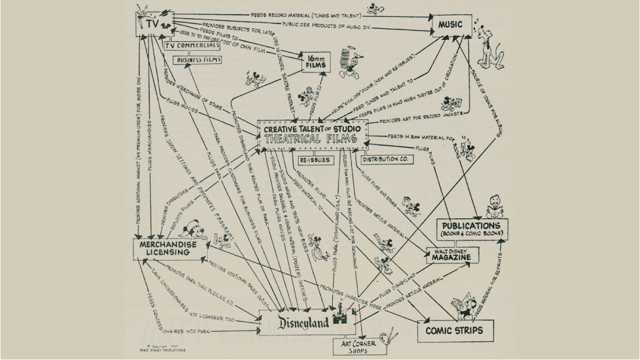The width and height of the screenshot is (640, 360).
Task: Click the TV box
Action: coord(154,23)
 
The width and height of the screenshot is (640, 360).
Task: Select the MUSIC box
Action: coord(451,25)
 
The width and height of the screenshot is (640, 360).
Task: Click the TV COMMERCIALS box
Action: coord(191,46)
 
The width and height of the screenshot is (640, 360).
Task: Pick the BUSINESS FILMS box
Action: coord(198,60)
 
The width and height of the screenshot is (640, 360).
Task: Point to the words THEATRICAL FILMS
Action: coord(312,139)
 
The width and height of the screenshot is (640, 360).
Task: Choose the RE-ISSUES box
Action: coord(316,160)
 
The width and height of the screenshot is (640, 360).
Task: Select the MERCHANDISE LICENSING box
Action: coord(168,249)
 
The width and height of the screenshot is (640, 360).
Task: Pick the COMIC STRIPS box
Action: coord(454,331)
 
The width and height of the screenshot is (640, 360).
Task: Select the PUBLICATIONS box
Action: coord(473,228)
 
